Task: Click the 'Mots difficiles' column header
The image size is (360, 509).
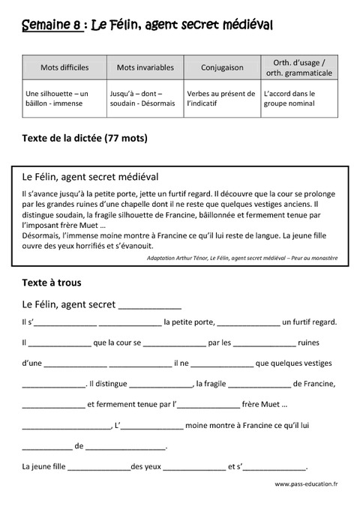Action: tap(64, 67)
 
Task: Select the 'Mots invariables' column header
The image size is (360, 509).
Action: tap(145, 67)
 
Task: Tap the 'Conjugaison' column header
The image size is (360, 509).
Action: tap(222, 67)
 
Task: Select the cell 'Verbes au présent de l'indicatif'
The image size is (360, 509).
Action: tap(221, 99)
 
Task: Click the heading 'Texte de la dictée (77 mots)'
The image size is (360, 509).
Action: tap(85, 138)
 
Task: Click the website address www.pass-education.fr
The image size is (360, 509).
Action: tap(307, 485)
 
